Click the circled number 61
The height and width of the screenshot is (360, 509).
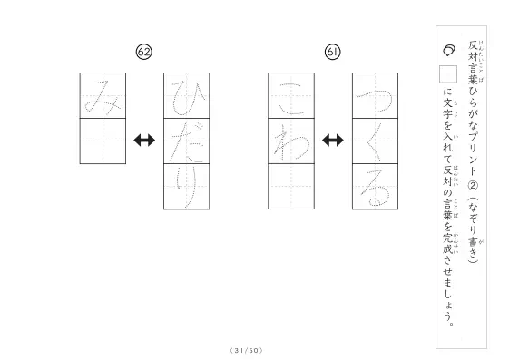tap(332, 52)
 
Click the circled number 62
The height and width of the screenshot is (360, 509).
tap(143, 52)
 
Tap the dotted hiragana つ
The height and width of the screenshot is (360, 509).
tap(376, 96)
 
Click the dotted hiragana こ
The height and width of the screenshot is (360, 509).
tap(291, 99)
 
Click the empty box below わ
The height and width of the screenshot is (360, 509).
tap(291, 187)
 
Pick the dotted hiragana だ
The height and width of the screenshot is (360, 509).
tap(187, 142)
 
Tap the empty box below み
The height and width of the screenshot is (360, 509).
tap(103, 141)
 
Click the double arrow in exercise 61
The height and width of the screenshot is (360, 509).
tap(333, 141)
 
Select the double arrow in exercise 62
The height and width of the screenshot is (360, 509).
tap(144, 141)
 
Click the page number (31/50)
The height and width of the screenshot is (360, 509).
tap(246, 351)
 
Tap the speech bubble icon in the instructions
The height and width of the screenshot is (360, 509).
tap(449, 50)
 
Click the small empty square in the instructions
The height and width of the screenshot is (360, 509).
tap(448, 74)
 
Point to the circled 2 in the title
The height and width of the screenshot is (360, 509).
tap(474, 185)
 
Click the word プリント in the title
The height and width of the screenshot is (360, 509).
tap(473, 154)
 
